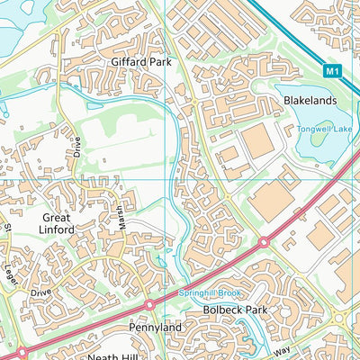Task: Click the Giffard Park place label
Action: [140, 62]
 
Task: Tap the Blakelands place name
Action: [310, 101]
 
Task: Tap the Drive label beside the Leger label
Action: [40, 292]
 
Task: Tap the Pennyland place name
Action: [154, 328]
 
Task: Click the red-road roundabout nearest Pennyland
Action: [149, 306]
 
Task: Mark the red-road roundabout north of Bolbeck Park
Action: [265, 242]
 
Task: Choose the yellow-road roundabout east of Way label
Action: [340, 318]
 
